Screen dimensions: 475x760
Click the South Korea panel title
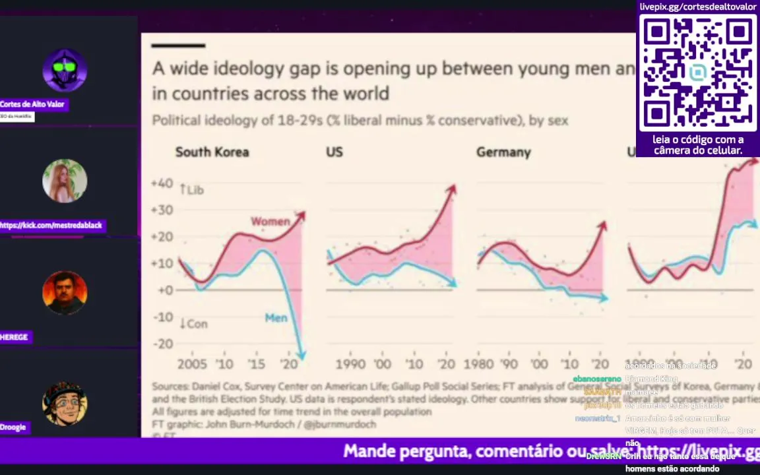click(212, 152)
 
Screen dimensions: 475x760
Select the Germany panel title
click(503, 152)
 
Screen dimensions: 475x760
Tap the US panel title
click(334, 152)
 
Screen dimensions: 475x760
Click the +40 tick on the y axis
click(162, 183)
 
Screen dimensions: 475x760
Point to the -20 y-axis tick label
click(162, 344)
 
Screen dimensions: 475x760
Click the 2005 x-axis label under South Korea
click(191, 364)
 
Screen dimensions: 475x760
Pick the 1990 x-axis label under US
click(350, 364)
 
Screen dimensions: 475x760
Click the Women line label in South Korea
click(270, 222)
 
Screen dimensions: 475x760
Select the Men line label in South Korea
click(276, 318)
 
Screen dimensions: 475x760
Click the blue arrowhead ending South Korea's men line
click(301, 355)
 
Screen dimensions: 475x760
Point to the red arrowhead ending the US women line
click(451, 190)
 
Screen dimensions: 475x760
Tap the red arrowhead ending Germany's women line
click(602, 226)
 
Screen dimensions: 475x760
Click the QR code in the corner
click(698, 73)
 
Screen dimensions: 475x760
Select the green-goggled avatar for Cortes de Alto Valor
click(65, 70)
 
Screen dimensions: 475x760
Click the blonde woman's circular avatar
click(65, 181)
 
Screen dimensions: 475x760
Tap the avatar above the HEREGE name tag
click(65, 292)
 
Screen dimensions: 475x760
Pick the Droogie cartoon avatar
click(65, 403)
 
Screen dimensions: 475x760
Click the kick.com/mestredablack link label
click(51, 226)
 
